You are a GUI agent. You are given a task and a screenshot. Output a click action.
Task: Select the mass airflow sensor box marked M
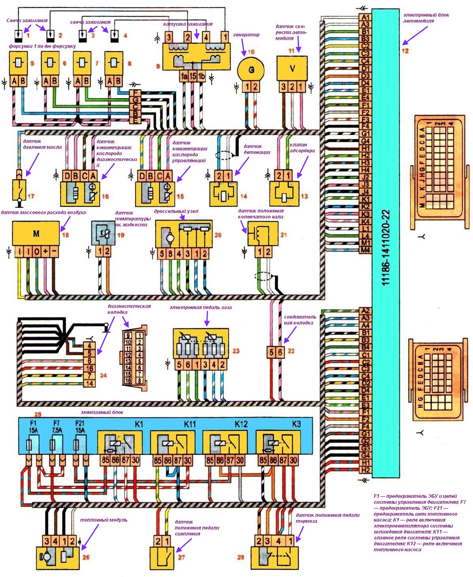tap(36, 234)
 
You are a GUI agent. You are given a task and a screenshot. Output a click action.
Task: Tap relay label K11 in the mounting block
tap(190, 424)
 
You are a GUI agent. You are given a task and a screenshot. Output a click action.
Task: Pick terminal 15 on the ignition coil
tap(192, 76)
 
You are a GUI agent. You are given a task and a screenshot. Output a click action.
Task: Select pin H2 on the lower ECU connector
tap(365, 470)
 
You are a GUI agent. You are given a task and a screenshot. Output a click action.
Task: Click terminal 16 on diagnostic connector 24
tap(90, 368)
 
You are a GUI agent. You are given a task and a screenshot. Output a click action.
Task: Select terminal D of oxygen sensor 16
tap(67, 176)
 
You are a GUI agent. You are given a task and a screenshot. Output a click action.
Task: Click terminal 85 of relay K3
tap(263, 460)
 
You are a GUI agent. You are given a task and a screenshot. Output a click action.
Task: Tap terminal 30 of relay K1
tap(135, 460)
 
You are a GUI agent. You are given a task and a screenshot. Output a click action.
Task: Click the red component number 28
tap(240, 557)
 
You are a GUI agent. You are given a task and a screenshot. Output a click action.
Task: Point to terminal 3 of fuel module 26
tap(46, 541)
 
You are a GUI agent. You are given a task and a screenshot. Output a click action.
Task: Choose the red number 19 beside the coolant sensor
tap(121, 235)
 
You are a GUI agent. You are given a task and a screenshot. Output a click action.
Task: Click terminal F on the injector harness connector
tap(136, 93)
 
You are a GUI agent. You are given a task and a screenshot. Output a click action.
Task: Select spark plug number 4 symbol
tap(115, 36)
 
